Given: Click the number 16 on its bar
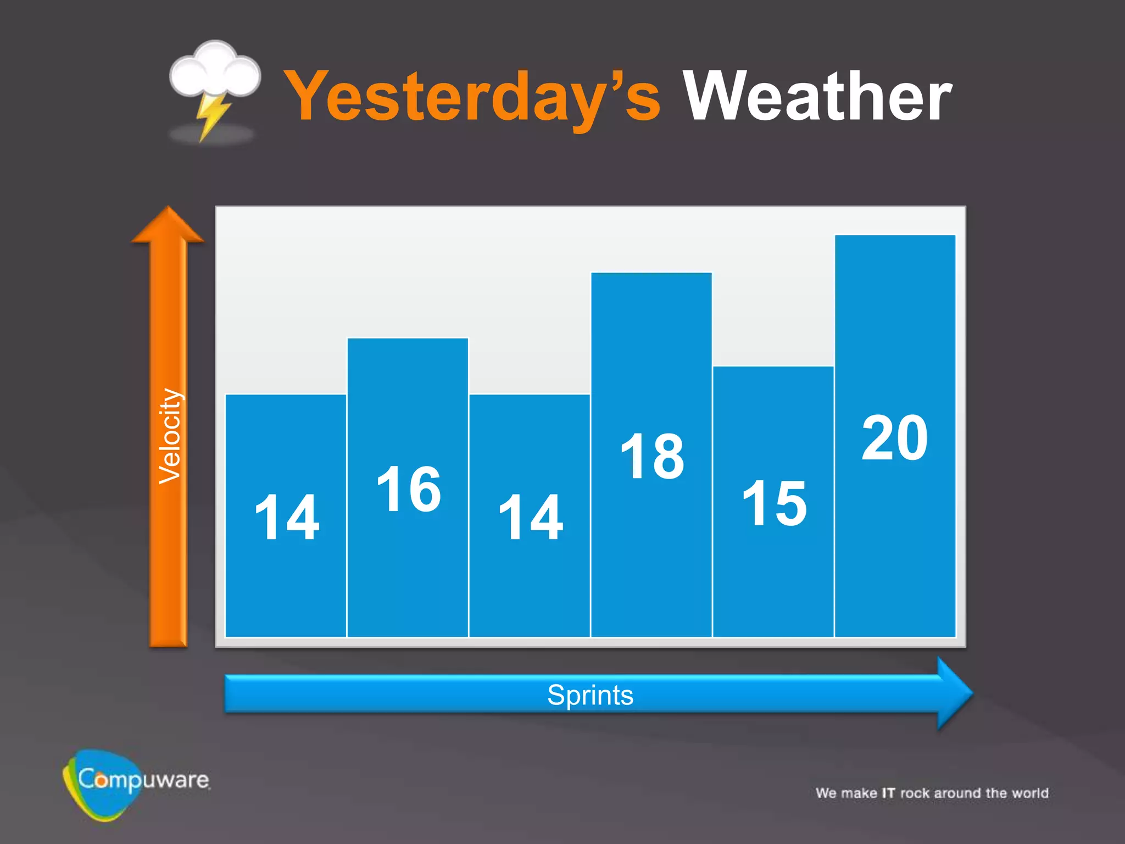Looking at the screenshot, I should [x=409, y=488].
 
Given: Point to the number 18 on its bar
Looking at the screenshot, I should [x=652, y=456].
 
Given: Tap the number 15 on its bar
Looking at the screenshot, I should [x=774, y=503].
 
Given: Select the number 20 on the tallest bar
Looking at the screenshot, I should [x=895, y=438].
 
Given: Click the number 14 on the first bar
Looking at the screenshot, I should [x=286, y=517].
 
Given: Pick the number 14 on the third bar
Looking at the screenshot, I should [x=530, y=517].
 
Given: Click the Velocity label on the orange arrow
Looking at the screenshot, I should [x=169, y=436].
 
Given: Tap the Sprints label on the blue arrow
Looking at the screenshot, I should [x=591, y=695].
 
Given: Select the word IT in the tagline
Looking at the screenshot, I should [x=888, y=793].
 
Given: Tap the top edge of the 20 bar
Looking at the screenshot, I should [x=895, y=236].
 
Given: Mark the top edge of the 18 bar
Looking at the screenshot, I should [x=651, y=273].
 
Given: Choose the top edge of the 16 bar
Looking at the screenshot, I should [x=408, y=338].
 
